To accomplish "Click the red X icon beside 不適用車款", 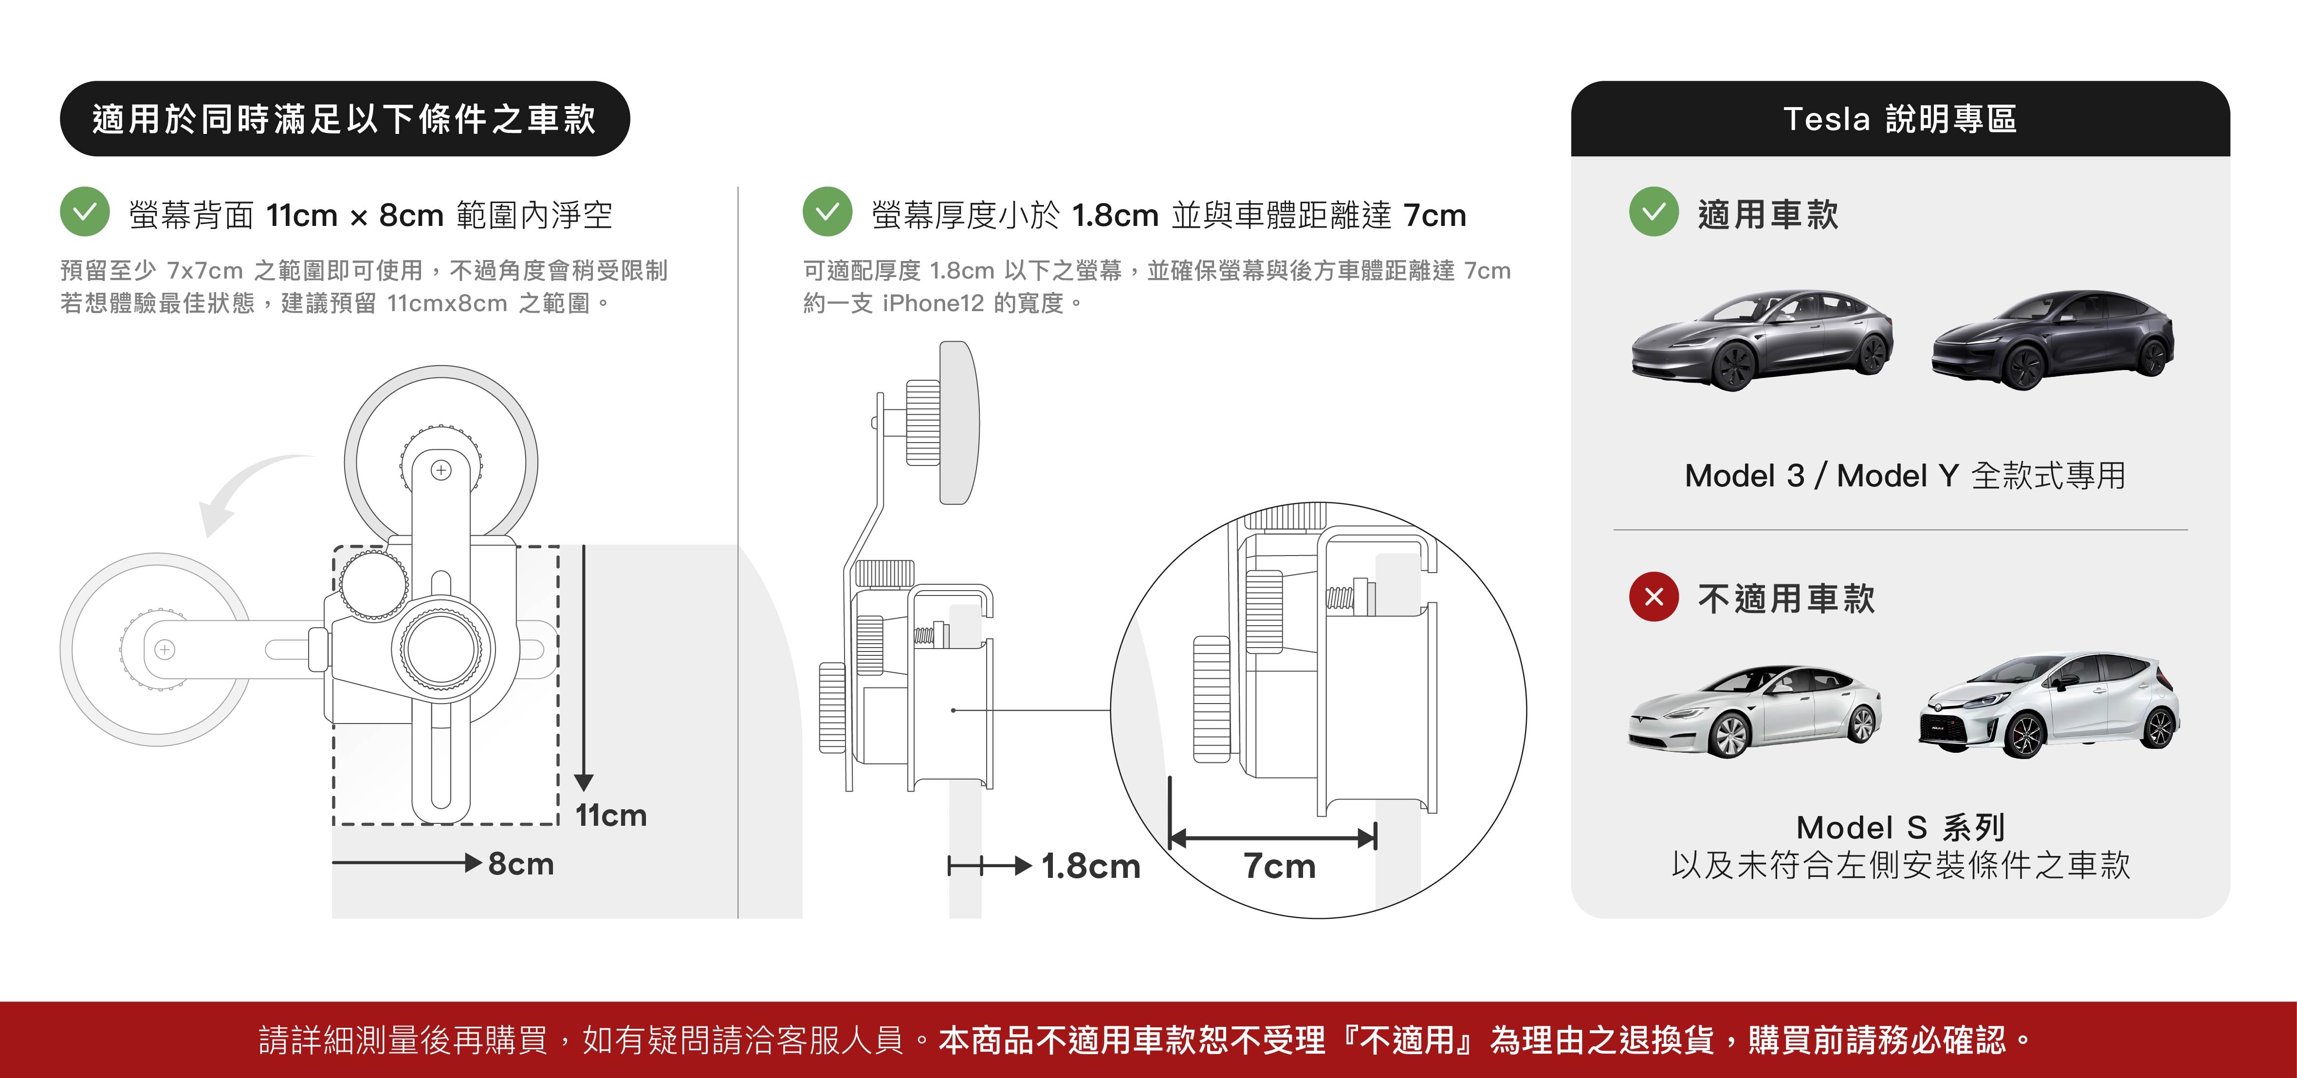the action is tap(1653, 596).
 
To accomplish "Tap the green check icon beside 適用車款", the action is tap(1653, 212).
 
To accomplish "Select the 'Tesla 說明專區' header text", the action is tap(1899, 119).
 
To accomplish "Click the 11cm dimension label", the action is tap(611, 815).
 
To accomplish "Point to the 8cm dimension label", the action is tap(521, 863).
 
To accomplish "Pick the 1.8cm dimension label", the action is tap(1090, 866).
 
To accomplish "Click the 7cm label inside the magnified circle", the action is tap(1280, 866).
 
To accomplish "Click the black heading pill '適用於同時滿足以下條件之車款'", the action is tap(344, 119).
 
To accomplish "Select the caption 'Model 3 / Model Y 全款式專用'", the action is tap(1905, 475).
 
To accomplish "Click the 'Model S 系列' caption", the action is tap(1900, 827).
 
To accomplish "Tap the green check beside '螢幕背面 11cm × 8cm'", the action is tap(85, 212).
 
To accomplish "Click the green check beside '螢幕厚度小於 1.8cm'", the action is tap(827, 212).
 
